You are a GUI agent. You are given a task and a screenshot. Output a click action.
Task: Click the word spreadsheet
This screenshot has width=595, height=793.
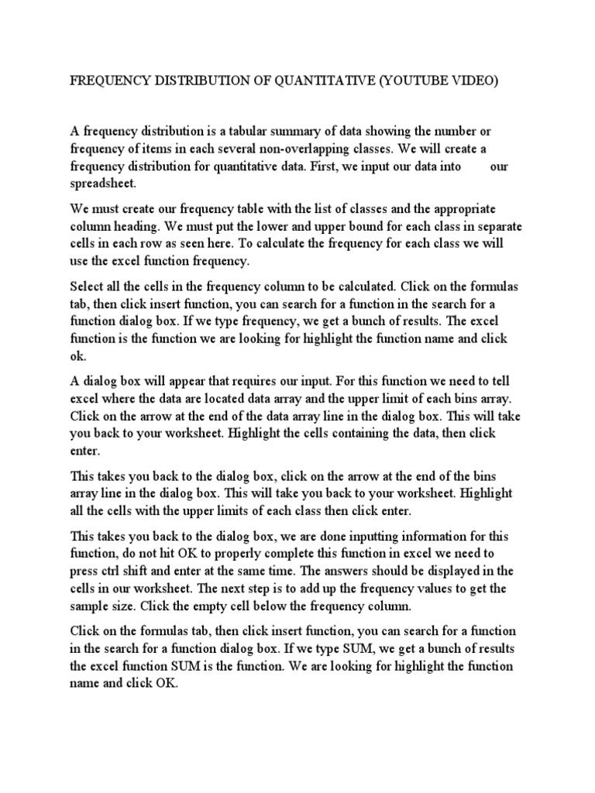103,183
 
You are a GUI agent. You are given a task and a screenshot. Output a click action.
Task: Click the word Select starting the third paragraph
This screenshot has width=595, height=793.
88,287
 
